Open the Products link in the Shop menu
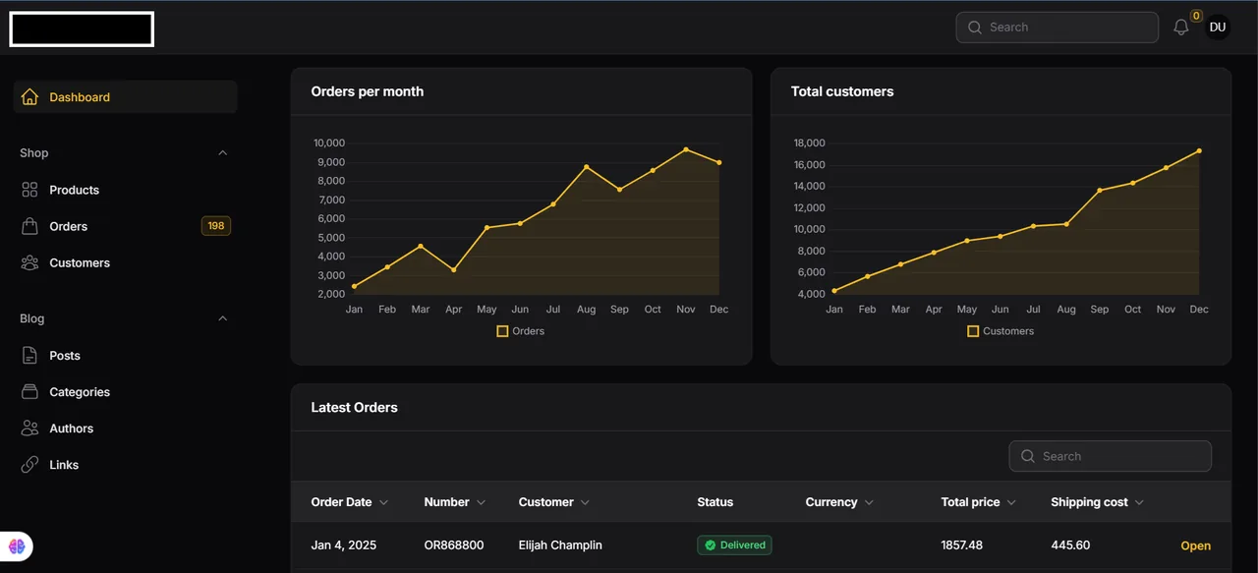(74, 190)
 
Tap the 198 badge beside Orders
(215, 226)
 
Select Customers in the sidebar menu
(80, 262)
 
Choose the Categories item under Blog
(80, 392)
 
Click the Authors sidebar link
(72, 429)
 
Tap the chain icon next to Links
(29, 465)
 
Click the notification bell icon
(1181, 27)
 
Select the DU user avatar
(1218, 27)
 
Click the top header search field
(1057, 27)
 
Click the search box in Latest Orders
(1110, 456)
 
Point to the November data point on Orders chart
(686, 149)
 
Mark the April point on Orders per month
(454, 270)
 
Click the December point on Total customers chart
(1199, 151)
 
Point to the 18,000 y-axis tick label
(809, 143)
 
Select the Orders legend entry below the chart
(521, 331)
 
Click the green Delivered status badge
(734, 544)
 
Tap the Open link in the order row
(1196, 545)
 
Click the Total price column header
(970, 502)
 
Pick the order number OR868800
(454, 544)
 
